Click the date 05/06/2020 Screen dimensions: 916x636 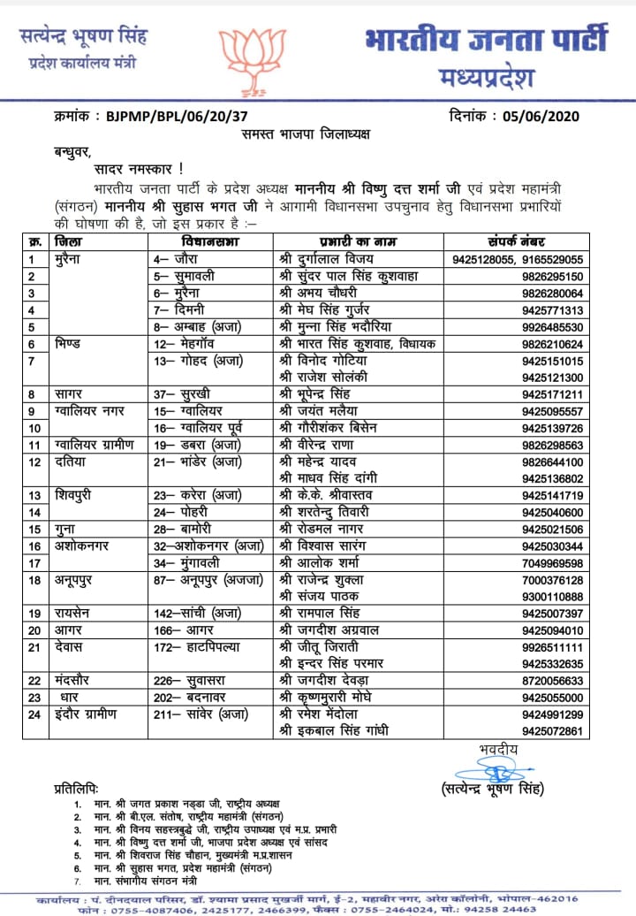point(555,114)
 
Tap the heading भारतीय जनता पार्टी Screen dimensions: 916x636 point(485,41)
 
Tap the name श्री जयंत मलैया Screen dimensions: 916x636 point(325,411)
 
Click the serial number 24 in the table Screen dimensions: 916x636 point(35,714)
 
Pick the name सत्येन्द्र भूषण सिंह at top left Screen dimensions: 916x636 point(83,37)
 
